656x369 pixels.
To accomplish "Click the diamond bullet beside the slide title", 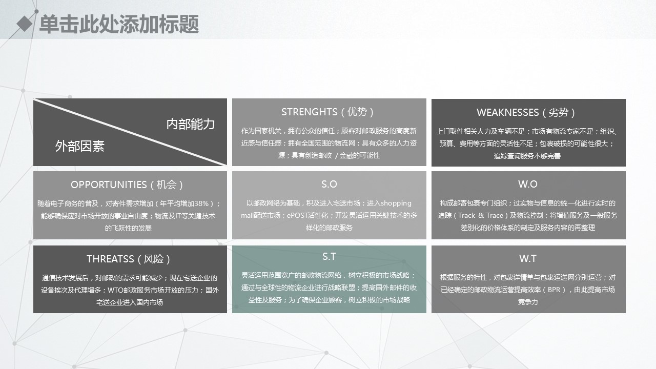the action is pyautogui.click(x=24, y=24).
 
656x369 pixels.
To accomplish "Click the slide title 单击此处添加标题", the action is pyautogui.click(x=119, y=24).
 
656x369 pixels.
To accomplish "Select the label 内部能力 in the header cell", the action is pyautogui.click(x=191, y=124).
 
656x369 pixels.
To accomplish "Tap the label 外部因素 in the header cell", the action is pyautogui.click(x=79, y=146).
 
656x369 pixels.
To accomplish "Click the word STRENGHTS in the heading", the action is pyautogui.click(x=309, y=112).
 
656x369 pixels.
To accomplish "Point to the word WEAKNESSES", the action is pyautogui.click(x=507, y=112).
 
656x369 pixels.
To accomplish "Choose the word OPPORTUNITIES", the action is pyautogui.click(x=109, y=185).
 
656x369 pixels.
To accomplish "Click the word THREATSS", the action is pyautogui.click(x=110, y=259).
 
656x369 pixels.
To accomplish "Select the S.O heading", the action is pyautogui.click(x=329, y=184).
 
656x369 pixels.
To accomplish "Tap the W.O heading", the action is pyautogui.click(x=528, y=184).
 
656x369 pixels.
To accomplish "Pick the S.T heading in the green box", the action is pyautogui.click(x=329, y=257).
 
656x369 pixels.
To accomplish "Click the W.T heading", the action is pyautogui.click(x=528, y=259).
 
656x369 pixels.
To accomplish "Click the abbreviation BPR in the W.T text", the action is pyautogui.click(x=554, y=290).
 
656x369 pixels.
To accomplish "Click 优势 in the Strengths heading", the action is pyautogui.click(x=357, y=112).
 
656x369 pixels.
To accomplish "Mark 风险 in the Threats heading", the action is pyautogui.click(x=153, y=259).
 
